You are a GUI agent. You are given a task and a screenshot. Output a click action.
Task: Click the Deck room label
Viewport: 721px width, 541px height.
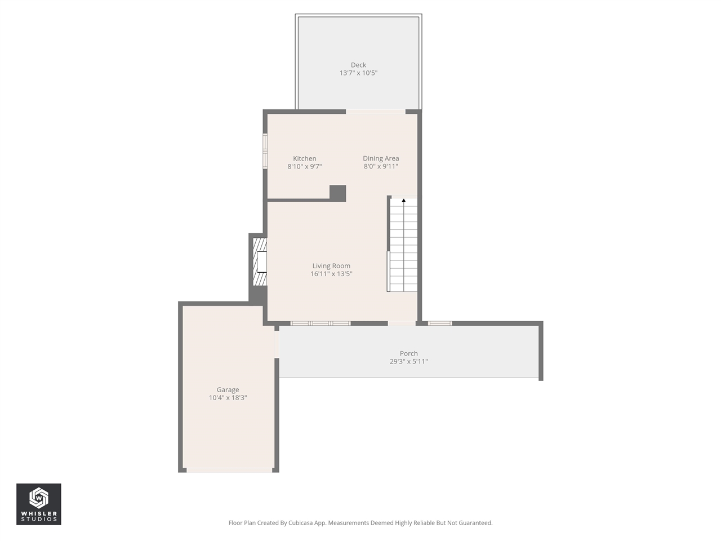pyautogui.click(x=358, y=65)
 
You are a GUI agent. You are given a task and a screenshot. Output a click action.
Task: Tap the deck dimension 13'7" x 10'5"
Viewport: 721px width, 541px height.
pyautogui.click(x=358, y=73)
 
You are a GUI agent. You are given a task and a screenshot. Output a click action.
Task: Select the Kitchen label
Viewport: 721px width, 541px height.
pyautogui.click(x=304, y=158)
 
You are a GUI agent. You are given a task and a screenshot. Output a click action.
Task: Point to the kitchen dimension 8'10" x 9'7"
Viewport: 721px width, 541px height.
pyautogui.click(x=304, y=167)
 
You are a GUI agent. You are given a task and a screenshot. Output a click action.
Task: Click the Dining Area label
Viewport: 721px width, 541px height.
pyautogui.click(x=381, y=158)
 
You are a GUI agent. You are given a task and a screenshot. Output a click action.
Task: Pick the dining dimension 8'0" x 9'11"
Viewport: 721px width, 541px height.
pyautogui.click(x=381, y=167)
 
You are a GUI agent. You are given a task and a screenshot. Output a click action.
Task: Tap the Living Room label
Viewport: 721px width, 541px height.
pyautogui.click(x=331, y=266)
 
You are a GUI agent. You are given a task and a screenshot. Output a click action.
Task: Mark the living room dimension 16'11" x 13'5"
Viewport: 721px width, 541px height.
pyautogui.click(x=331, y=274)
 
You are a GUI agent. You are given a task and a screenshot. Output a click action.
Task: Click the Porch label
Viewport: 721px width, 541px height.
pyautogui.click(x=408, y=353)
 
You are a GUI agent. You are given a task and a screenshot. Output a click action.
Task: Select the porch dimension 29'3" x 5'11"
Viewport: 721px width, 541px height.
pyautogui.click(x=408, y=362)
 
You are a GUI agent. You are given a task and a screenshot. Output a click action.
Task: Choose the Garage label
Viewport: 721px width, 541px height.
pyautogui.click(x=228, y=389)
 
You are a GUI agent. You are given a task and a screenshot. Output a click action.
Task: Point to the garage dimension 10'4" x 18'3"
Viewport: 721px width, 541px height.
pyautogui.click(x=228, y=398)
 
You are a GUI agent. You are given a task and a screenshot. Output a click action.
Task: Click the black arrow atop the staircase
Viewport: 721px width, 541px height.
pyautogui.click(x=403, y=200)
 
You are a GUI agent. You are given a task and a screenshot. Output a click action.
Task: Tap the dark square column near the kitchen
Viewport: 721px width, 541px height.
pyautogui.click(x=337, y=193)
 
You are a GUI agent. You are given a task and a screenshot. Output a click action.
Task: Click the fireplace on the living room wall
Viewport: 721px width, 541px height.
pyautogui.click(x=260, y=262)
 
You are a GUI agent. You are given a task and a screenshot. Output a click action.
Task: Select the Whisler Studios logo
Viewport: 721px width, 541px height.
pyautogui.click(x=38, y=504)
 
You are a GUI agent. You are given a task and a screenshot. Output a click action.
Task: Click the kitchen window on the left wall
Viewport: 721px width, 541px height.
pyautogui.click(x=265, y=151)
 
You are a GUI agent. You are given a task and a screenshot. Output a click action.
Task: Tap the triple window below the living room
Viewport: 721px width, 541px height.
pyautogui.click(x=320, y=323)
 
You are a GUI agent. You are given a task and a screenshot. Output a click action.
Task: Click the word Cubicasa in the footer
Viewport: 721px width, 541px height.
pyautogui.click(x=301, y=523)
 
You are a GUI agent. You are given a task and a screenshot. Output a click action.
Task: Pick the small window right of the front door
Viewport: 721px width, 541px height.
pyautogui.click(x=439, y=323)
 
